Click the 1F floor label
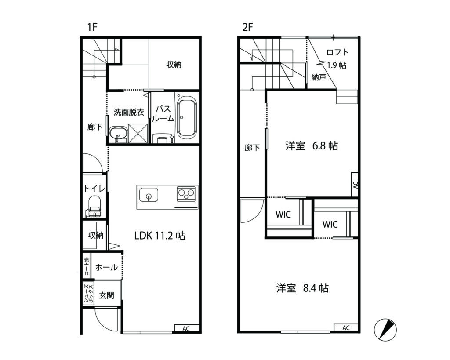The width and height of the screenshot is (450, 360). point(92,27)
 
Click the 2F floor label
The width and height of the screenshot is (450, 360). point(247,27)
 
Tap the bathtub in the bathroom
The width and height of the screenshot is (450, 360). point(187,116)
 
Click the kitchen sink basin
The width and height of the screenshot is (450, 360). point(149,195)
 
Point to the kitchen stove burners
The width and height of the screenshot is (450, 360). point(186,193)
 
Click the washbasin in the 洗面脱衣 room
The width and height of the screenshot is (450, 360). point(118,134)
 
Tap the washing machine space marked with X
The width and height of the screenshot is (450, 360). point(138,133)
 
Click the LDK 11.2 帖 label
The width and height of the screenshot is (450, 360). point(160,236)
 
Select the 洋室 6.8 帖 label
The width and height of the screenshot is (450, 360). point(312,146)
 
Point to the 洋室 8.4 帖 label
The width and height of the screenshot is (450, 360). point(302,287)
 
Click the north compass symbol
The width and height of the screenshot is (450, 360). point(385,330)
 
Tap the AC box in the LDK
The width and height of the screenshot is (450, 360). point(186,328)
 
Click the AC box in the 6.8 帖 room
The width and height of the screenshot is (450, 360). point(355,185)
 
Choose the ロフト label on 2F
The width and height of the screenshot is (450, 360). point(337,52)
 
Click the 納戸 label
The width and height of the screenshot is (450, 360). point(319,77)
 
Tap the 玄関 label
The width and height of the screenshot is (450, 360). point(106,295)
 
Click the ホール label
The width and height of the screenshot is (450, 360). point(106,267)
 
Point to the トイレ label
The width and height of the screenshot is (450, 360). point(95,188)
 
